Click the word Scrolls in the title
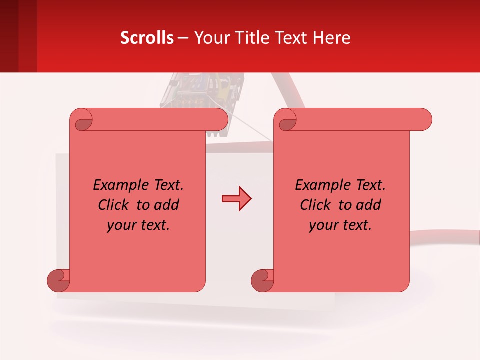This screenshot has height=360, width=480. coord(147,38)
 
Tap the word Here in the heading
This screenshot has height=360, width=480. coord(332,38)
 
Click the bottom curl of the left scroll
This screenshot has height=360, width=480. coord(58,281)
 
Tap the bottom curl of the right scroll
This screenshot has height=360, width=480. coord(262,281)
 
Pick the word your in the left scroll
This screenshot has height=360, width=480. coord(121,225)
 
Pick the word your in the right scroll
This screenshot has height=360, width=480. coord(323,225)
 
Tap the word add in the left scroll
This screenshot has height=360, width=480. coord(167,205)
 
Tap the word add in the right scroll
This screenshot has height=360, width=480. coord(369,205)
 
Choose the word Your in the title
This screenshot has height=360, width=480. coord(209,38)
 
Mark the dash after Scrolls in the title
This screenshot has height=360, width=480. coord(183,38)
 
